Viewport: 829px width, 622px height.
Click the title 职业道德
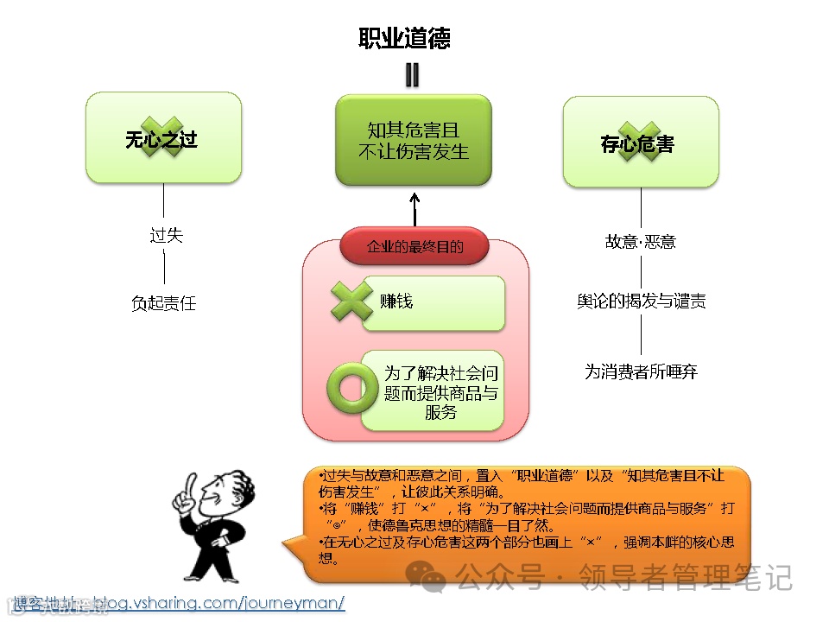[404, 39]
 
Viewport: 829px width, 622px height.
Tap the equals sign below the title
[412, 76]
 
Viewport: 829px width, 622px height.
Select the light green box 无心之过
[162, 138]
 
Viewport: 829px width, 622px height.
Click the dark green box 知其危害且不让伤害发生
[413, 141]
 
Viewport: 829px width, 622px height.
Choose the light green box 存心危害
[640, 143]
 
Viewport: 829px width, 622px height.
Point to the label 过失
[166, 235]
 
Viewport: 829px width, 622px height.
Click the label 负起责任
[164, 303]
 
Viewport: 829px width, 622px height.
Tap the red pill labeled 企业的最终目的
[414, 247]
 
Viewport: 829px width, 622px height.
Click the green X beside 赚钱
[352, 301]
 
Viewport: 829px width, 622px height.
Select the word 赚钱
[397, 301]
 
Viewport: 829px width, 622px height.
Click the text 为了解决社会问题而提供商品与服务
[440, 393]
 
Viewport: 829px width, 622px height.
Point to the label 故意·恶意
[640, 242]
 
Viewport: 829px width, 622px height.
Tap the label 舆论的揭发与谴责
[641, 301]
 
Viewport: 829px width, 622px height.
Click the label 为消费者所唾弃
[641, 372]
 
